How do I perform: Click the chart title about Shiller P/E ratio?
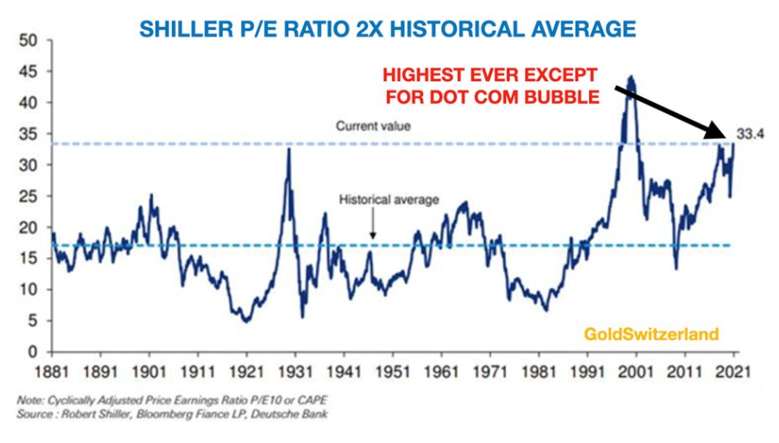point(386,29)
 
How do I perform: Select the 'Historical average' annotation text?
point(389,201)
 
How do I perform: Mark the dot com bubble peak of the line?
point(630,78)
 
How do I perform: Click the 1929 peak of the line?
point(289,149)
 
